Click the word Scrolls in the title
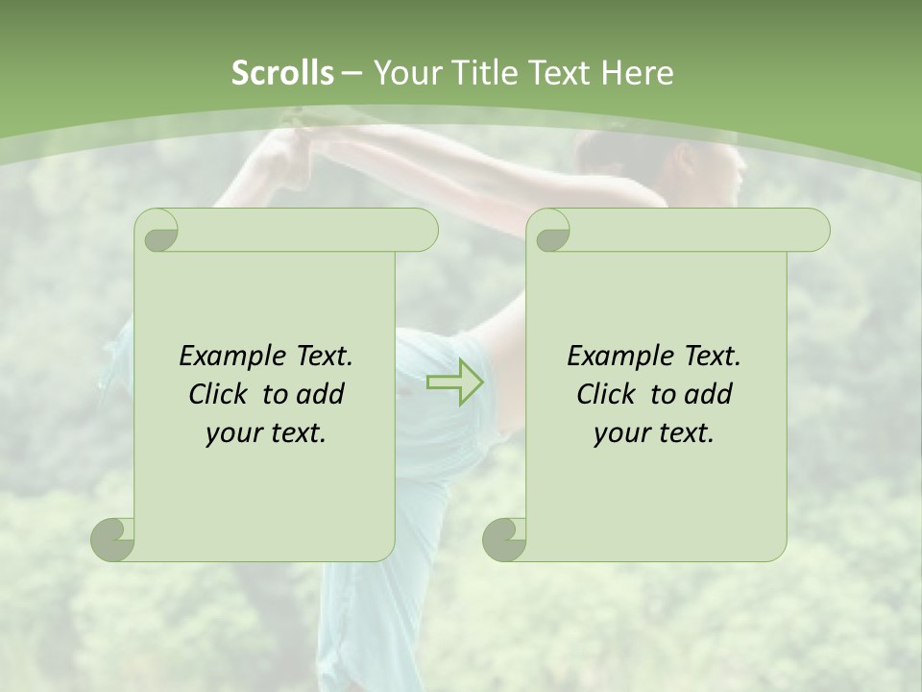(x=282, y=73)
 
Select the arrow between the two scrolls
(x=455, y=382)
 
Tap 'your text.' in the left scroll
(x=266, y=433)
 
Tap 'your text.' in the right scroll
(x=654, y=433)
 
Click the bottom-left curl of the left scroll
(x=113, y=538)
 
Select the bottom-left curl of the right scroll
(x=505, y=538)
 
